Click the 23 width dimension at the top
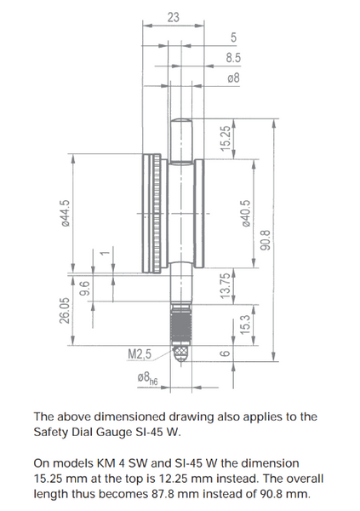174,17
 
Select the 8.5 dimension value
233,58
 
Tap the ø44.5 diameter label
66,213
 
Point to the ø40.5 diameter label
246,213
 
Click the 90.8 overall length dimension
266,240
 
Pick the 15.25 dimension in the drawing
226,139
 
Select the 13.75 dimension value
226,286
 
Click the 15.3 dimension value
245,324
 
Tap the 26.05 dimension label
65,310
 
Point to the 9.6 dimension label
84,288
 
